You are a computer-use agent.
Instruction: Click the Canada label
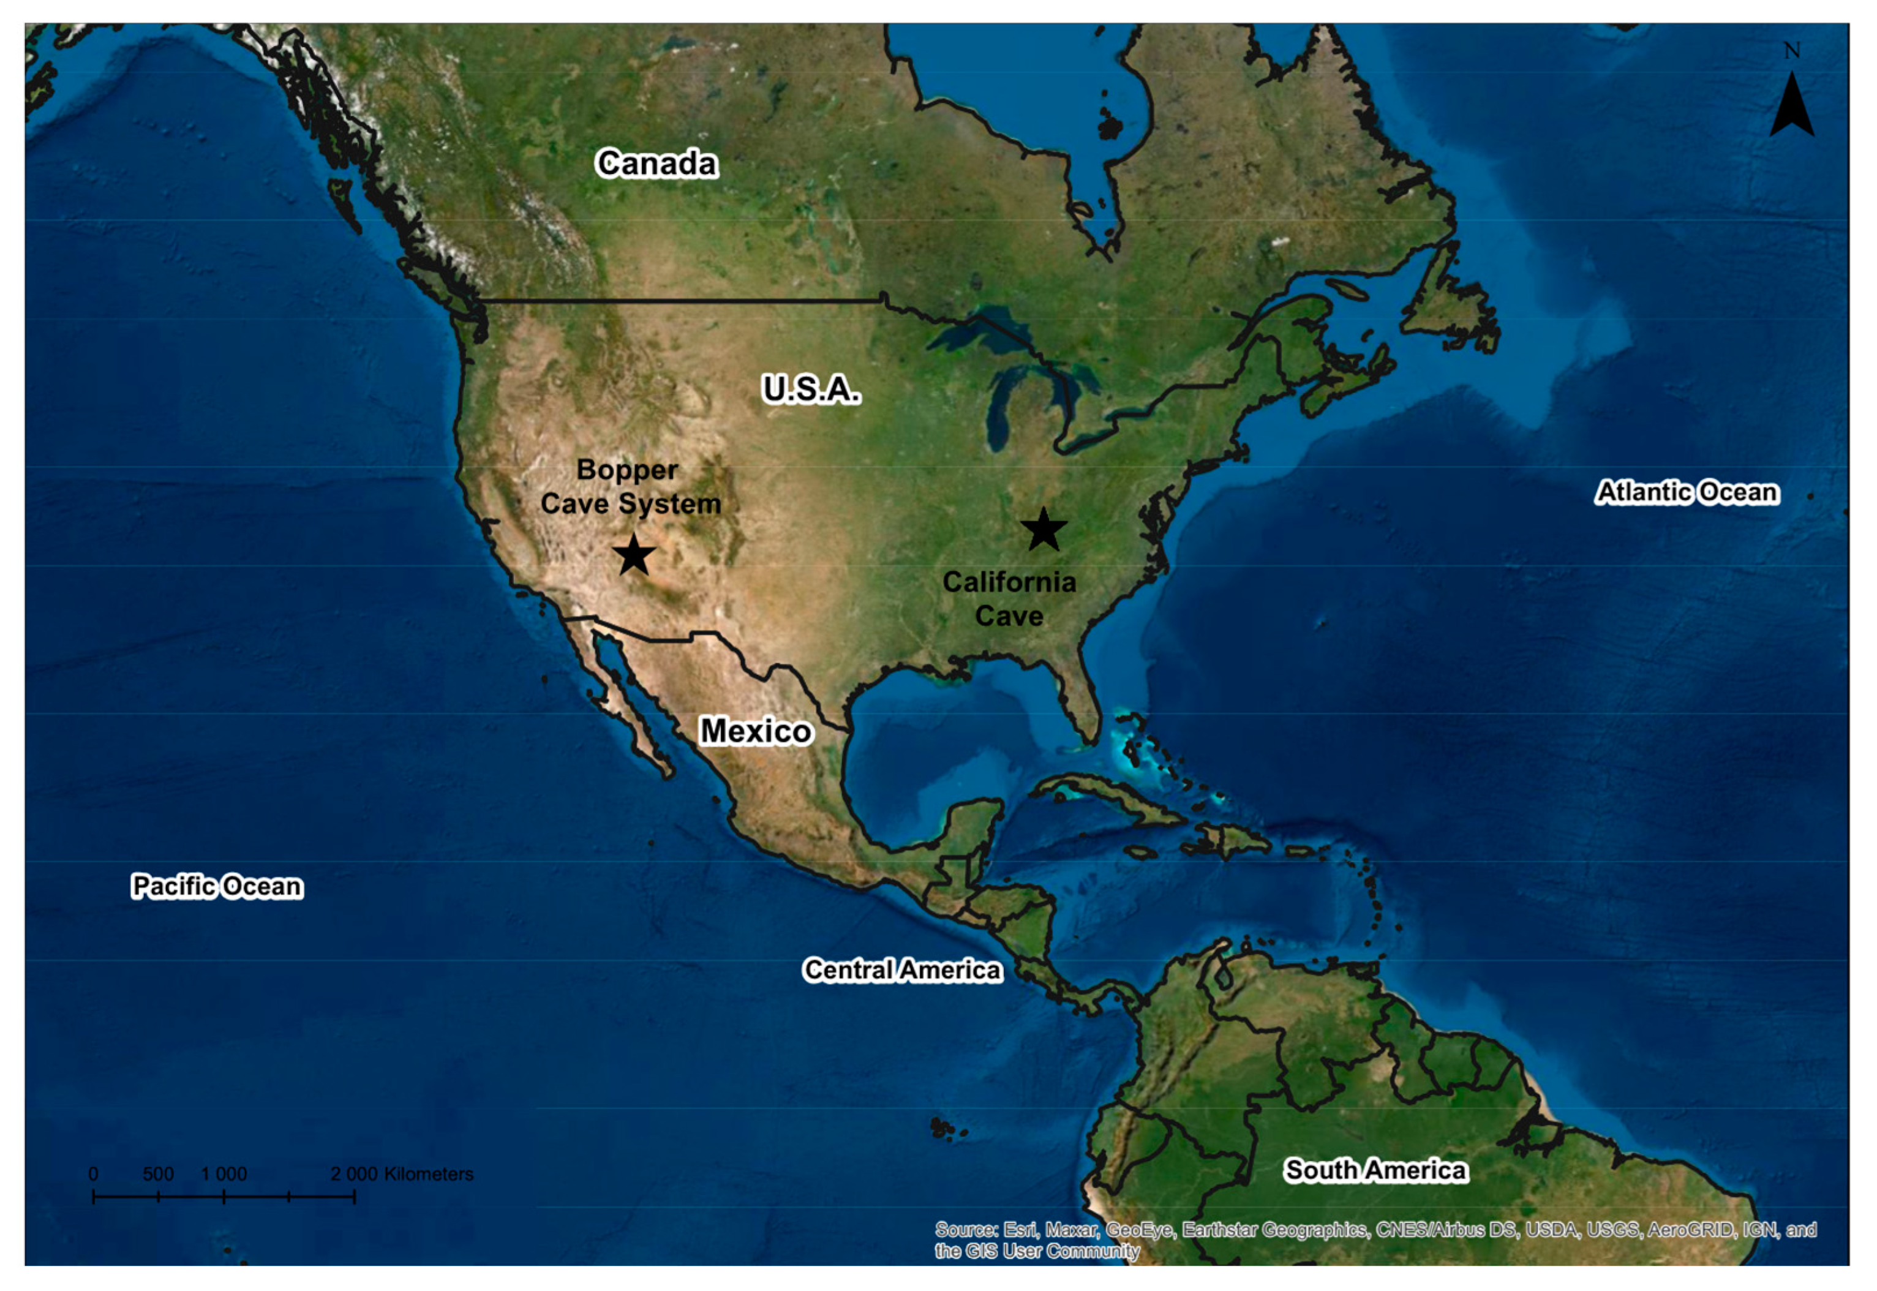(x=656, y=164)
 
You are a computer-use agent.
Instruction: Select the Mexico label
(x=755, y=731)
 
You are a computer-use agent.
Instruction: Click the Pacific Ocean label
(x=217, y=887)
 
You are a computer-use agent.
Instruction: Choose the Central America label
(x=901, y=970)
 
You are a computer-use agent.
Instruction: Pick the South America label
(x=1375, y=1170)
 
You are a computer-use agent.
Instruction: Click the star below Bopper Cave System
(x=633, y=555)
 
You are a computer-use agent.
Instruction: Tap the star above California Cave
(x=1044, y=530)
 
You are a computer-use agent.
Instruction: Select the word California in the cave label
(x=1009, y=582)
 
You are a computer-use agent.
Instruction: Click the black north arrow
(x=1791, y=105)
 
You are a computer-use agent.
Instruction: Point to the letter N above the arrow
(x=1791, y=51)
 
